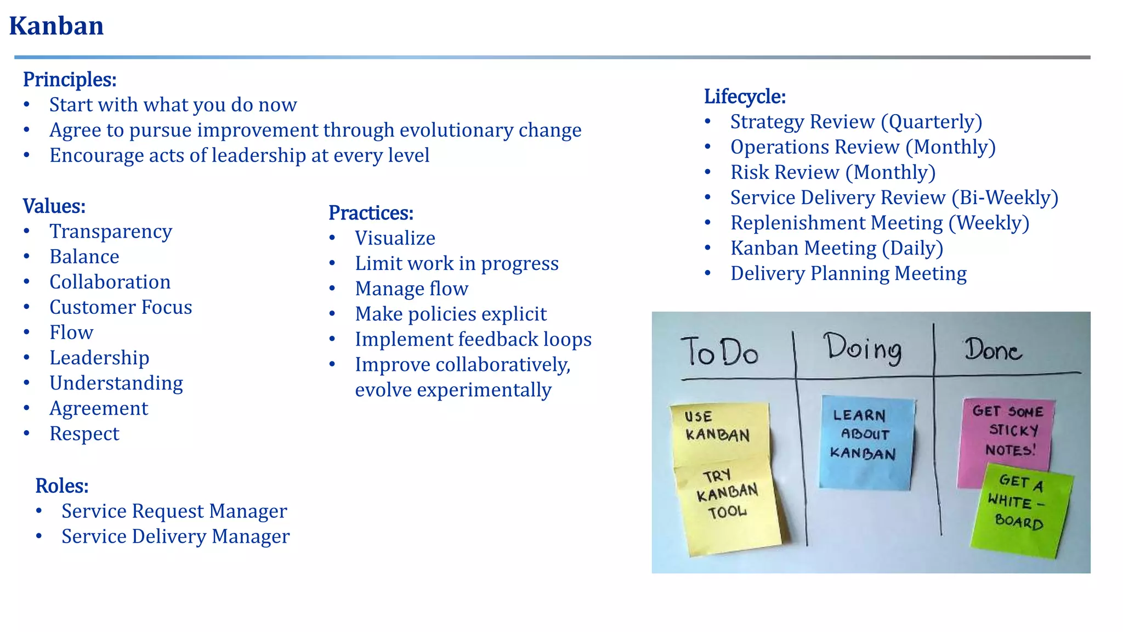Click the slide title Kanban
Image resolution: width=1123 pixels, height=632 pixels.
[56, 26]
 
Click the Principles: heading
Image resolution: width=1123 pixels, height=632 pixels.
[70, 80]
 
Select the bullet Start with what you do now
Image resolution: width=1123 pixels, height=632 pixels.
[173, 105]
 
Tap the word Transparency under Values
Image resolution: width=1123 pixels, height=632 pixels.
[111, 232]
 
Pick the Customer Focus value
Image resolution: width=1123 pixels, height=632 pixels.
[121, 307]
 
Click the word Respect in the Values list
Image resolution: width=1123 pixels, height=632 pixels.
[84, 434]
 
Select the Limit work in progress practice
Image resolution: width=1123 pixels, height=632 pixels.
[456, 264]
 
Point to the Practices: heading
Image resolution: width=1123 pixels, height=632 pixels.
[371, 213]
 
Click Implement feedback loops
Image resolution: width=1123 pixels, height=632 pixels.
[473, 340]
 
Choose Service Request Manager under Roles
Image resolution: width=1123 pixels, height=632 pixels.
[174, 511]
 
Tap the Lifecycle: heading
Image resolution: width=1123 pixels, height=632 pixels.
[745, 97]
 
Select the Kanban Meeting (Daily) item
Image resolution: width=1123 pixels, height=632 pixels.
[836, 249]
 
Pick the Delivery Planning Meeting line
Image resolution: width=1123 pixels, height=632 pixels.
[848, 274]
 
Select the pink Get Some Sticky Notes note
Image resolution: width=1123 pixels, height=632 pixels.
[1007, 433]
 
